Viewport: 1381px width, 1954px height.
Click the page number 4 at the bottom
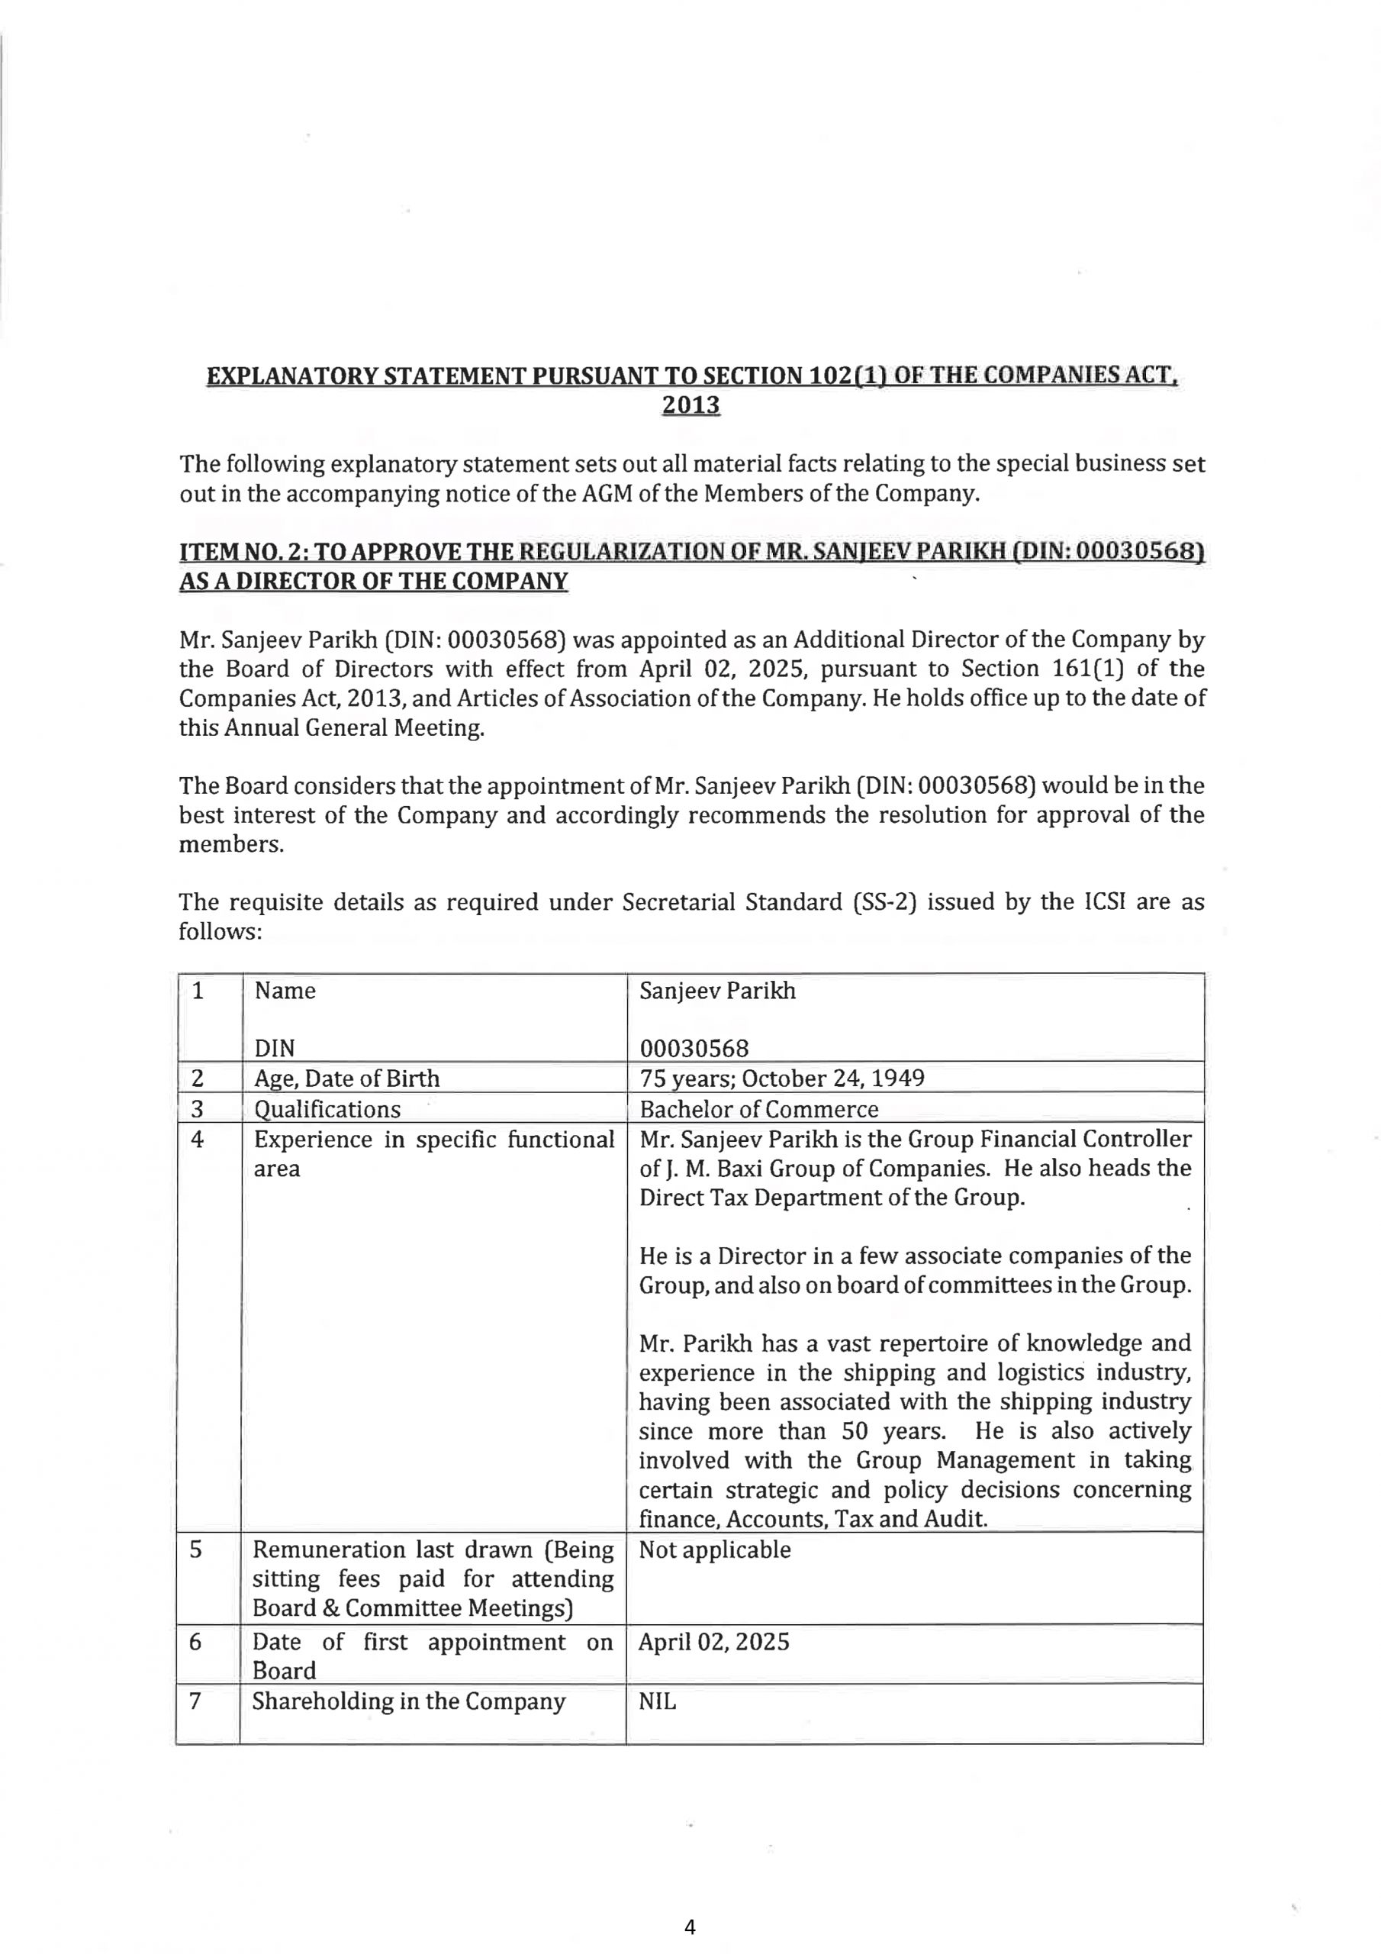(x=689, y=1927)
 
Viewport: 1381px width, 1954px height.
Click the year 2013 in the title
(x=690, y=405)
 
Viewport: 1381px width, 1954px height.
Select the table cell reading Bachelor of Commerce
(x=758, y=1109)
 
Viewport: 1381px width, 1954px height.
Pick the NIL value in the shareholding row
(x=657, y=1701)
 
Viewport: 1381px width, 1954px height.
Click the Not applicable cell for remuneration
(x=715, y=1549)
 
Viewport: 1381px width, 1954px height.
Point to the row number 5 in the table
(x=196, y=1549)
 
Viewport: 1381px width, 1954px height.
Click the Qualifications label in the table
(x=327, y=1109)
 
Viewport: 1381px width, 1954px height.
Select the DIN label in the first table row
(x=274, y=1049)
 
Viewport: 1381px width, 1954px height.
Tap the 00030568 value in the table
(x=694, y=1049)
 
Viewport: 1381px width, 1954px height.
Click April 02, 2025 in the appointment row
(x=714, y=1642)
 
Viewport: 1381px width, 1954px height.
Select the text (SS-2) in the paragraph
(x=884, y=902)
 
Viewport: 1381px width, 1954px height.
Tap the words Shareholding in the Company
(x=408, y=1701)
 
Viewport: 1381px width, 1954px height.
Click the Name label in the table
(x=285, y=991)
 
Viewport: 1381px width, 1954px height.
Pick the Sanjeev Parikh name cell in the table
(x=717, y=991)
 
